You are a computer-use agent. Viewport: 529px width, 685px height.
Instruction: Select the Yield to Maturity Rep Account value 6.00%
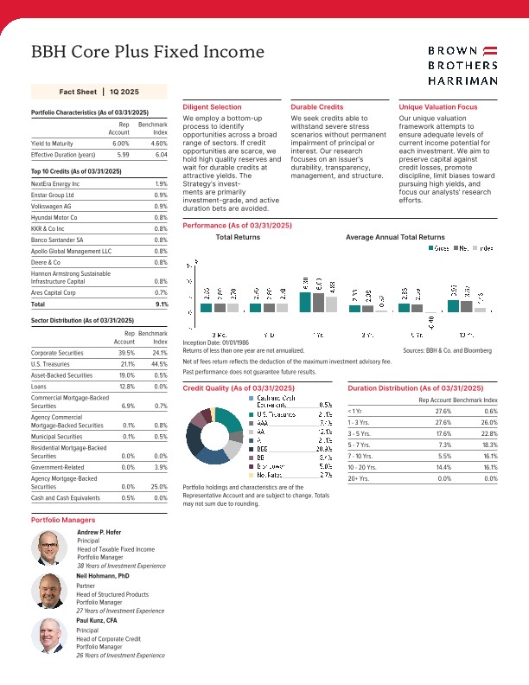pos(120,143)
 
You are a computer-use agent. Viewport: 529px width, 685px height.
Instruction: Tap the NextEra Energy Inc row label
pos(55,184)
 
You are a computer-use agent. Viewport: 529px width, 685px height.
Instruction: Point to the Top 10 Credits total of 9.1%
pos(161,304)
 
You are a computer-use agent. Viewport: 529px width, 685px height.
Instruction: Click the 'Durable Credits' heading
pos(316,106)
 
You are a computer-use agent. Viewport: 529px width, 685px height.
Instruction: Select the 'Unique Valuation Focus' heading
pos(437,106)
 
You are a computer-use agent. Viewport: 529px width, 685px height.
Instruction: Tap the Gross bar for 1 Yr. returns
pos(305,302)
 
